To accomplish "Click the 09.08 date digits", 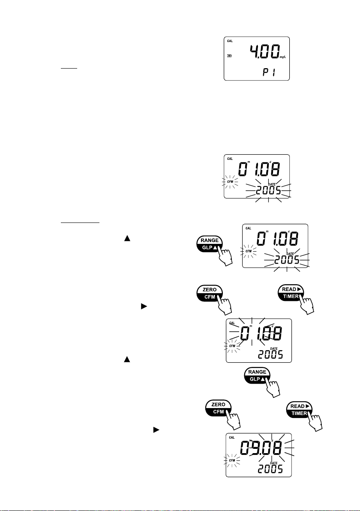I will pyautogui.click(x=261, y=448).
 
